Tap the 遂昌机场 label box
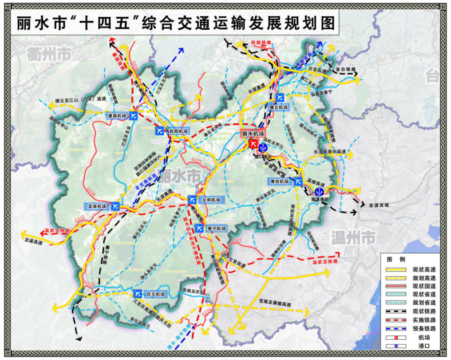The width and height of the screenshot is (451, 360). (117, 115)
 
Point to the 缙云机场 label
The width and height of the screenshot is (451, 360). (291, 107)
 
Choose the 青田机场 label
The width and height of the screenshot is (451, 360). (280, 182)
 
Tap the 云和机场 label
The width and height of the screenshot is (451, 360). (211, 200)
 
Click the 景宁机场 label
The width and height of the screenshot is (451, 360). (216, 229)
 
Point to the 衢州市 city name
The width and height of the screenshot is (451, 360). (49, 55)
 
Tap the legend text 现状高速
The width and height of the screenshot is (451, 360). (422, 269)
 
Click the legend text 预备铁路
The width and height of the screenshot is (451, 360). (422, 329)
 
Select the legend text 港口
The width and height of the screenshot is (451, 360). (419, 346)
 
